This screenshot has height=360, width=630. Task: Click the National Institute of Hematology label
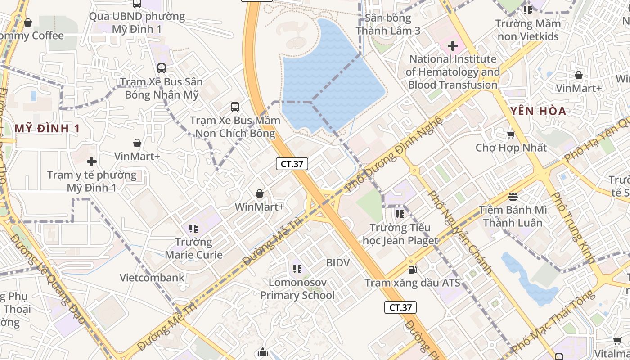[453, 72]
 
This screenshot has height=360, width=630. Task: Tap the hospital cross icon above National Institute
[452, 45]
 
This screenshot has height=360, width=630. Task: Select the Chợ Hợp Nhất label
[511, 148]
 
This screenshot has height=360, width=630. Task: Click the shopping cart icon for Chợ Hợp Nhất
[511, 135]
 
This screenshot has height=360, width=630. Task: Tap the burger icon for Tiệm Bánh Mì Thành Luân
[513, 196]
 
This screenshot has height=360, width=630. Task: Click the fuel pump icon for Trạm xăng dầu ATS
[411, 270]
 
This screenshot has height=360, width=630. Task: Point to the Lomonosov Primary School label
[297, 289]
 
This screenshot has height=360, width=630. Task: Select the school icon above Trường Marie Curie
[193, 229]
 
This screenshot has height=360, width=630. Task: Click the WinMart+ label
[260, 207]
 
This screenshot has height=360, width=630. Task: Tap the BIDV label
[337, 262]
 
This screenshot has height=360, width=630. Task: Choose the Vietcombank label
[152, 277]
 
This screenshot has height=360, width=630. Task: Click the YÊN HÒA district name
[538, 111]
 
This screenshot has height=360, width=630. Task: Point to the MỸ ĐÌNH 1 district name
[47, 129]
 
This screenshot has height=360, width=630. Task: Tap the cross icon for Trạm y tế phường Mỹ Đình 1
[92, 161]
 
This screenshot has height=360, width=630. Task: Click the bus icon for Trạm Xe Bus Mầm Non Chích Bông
[235, 107]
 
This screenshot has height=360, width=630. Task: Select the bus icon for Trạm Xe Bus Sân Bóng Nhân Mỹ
[161, 68]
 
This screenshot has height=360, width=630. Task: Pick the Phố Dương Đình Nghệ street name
[394, 153]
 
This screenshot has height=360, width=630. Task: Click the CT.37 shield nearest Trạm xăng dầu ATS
[400, 307]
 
